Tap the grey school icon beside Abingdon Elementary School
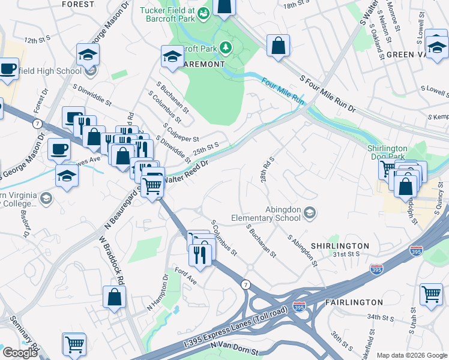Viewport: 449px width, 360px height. pos(310,213)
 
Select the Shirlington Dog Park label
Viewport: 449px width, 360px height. pos(387,152)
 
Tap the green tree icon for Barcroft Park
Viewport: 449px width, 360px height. pos(226,47)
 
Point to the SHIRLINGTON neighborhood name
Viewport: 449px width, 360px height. pos(340,246)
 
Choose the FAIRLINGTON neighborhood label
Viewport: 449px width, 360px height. pos(355,302)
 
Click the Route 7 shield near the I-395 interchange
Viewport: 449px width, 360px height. pos(245,284)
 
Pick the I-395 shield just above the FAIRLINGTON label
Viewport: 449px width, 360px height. pos(299,307)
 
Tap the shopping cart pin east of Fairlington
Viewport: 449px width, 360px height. pos(431,294)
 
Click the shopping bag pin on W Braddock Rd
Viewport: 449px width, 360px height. pos(114,297)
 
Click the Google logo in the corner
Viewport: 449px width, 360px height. pos(20,353)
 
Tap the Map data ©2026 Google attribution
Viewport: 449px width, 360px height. pos(411,355)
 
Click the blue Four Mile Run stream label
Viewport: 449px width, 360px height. pos(282,90)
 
